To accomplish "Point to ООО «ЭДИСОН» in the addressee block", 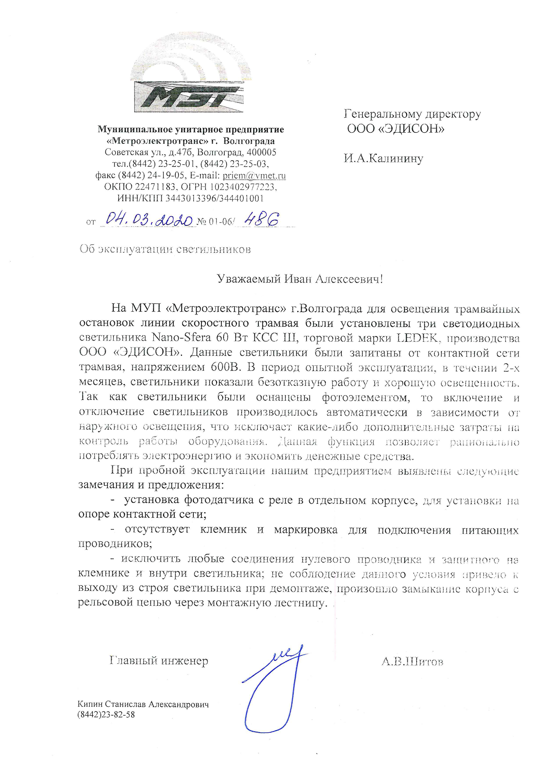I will point(395,129).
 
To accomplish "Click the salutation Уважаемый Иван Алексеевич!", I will point(300,279).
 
